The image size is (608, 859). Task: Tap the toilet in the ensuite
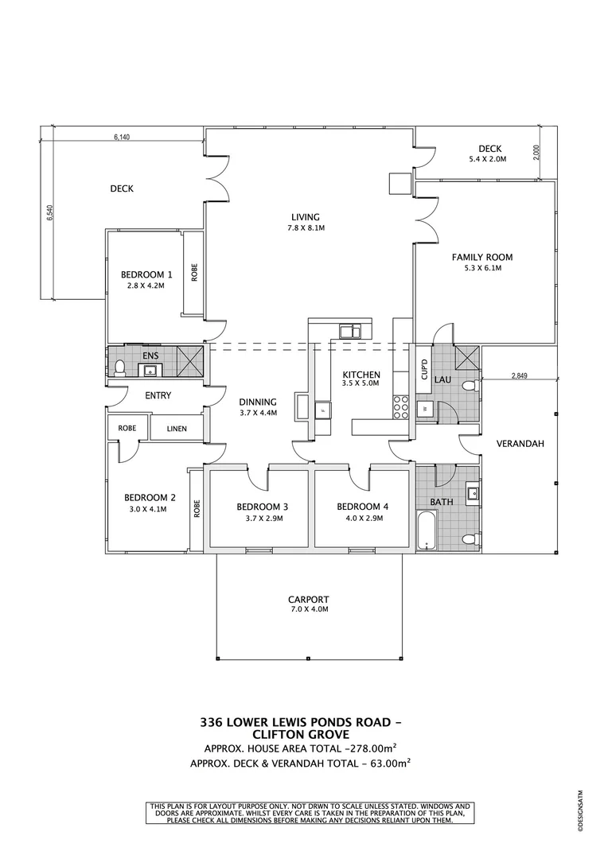pos(120,367)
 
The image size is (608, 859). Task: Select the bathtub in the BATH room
pos(427,531)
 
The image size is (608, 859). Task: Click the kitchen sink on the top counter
pos(349,329)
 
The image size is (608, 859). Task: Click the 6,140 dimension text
pos(121,138)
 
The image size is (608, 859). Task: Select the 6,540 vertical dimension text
pos(49,216)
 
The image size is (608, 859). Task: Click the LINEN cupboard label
pos(177,429)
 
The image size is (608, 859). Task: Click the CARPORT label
pos(309,599)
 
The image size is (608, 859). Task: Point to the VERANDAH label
pos(520,444)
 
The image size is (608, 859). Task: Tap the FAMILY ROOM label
pos(482,257)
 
